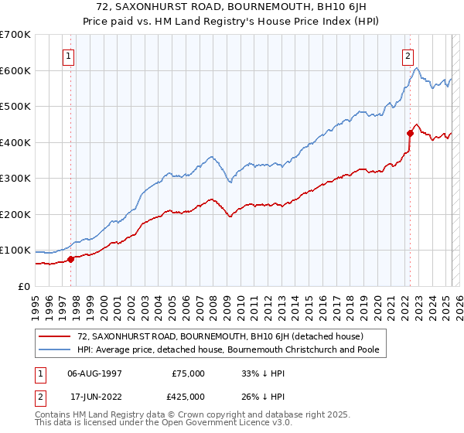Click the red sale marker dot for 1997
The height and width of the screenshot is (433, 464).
70,259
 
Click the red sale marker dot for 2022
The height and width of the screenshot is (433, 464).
409,133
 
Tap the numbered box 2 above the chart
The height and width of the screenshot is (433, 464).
408,56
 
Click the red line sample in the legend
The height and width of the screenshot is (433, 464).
54,336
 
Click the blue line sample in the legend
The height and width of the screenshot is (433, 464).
54,349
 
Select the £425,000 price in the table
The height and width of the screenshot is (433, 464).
189,397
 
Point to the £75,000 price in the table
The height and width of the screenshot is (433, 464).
189,373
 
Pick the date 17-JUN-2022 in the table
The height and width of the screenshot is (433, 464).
95,397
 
